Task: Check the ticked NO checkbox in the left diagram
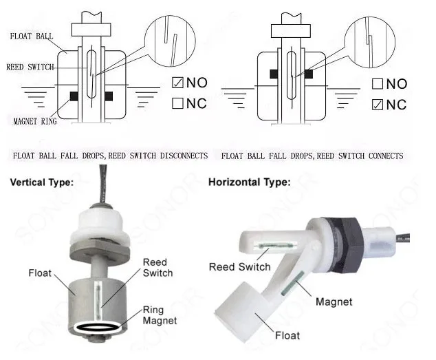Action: click(x=177, y=84)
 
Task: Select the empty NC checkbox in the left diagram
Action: click(x=177, y=104)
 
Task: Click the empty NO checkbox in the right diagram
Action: click(x=377, y=85)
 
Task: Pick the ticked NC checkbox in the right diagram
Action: click(x=377, y=105)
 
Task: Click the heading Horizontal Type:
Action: click(x=249, y=183)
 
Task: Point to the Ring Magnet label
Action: click(x=159, y=315)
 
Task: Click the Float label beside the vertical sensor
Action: click(x=39, y=272)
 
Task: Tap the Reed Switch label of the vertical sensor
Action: click(x=157, y=267)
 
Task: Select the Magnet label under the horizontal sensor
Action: click(x=334, y=301)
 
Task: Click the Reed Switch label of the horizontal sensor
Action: click(x=239, y=266)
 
